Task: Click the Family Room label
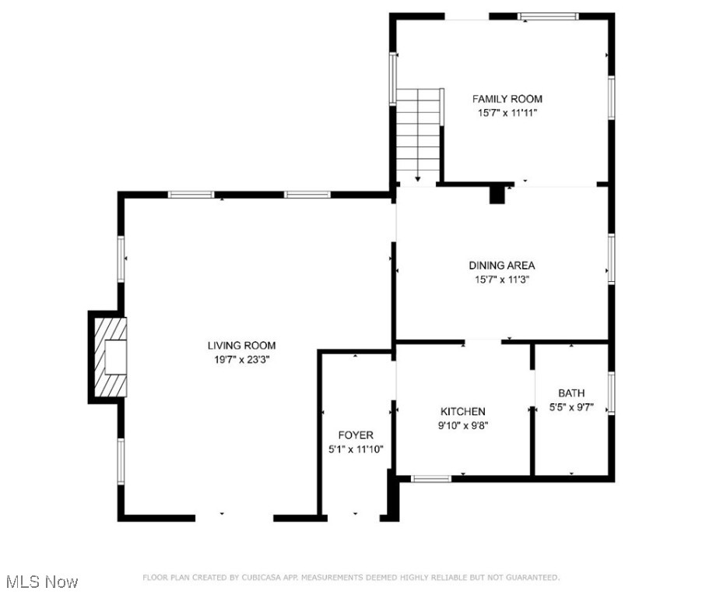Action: tap(507, 99)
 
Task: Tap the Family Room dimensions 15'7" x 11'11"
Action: tap(507, 113)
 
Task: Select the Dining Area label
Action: tap(501, 266)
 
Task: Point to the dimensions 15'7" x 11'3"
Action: tap(501, 280)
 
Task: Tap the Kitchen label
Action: tap(463, 411)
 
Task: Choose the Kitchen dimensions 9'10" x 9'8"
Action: tap(463, 425)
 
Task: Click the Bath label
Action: tap(571, 392)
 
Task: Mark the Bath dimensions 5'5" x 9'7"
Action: tap(571, 406)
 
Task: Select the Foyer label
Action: tap(355, 434)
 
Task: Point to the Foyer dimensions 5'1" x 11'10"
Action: tap(355, 448)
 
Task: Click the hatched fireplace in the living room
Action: tap(107, 357)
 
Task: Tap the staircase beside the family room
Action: tap(419, 132)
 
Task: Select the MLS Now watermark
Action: tap(41, 582)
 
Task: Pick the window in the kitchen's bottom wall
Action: tap(431, 478)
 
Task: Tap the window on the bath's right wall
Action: tap(612, 392)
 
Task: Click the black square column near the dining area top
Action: tap(497, 194)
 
